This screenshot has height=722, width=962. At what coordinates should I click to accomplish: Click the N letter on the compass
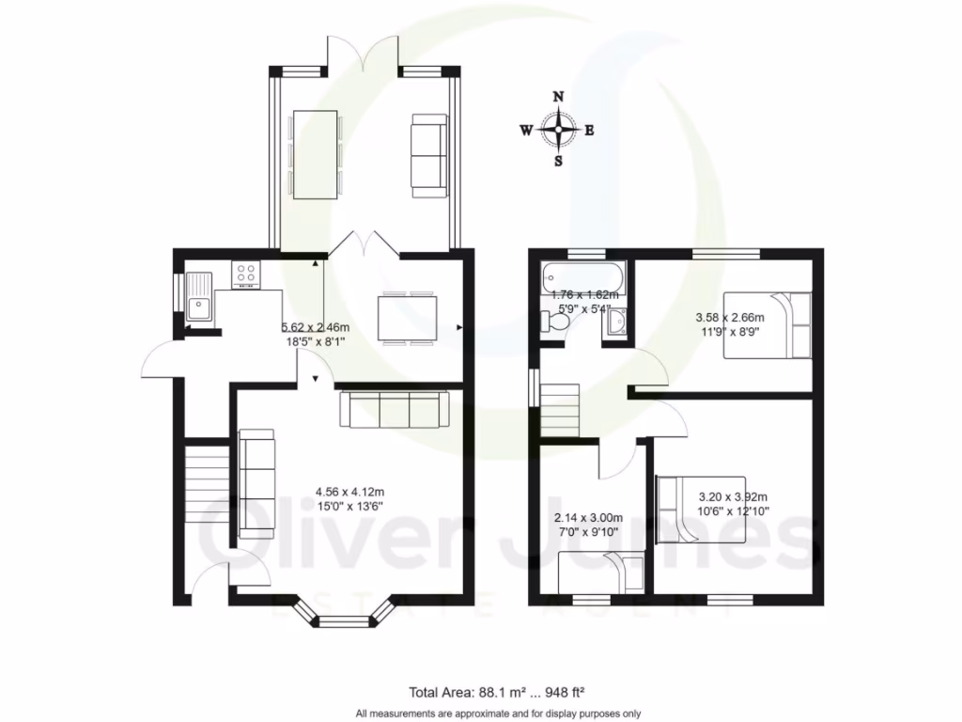point(558,97)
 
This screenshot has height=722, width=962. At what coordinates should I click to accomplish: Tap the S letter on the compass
point(558,161)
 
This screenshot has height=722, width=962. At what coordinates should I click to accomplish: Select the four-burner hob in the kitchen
point(246,275)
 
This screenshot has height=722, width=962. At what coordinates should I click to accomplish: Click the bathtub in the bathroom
point(582,279)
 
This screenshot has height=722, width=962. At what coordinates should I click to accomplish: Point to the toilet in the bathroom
point(553,322)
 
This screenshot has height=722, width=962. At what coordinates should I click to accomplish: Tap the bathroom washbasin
point(617,324)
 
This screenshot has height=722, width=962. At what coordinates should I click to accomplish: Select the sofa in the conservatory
point(429,156)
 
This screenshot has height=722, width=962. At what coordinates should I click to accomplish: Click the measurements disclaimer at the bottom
point(498,714)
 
